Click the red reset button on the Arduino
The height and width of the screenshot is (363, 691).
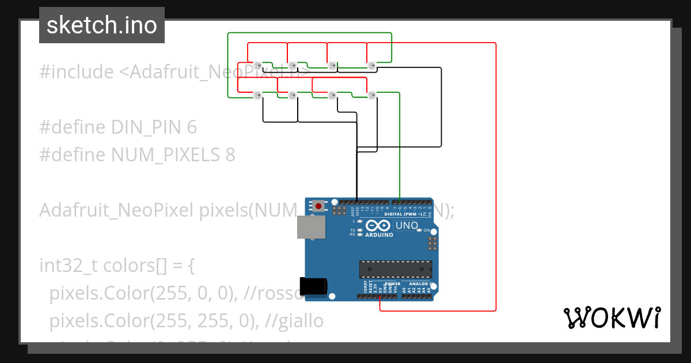pyautogui.click(x=318, y=206)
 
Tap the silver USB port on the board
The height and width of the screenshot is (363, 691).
pyautogui.click(x=311, y=227)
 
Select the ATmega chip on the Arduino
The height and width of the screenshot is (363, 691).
pyautogui.click(x=395, y=269)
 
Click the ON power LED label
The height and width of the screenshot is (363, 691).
pyautogui.click(x=426, y=230)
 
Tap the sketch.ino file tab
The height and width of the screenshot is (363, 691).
pyautogui.click(x=102, y=25)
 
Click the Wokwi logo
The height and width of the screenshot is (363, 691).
pyautogui.click(x=612, y=317)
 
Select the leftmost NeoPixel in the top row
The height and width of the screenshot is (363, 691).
pyautogui.click(x=257, y=65)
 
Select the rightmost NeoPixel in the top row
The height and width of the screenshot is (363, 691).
pyautogui.click(x=371, y=65)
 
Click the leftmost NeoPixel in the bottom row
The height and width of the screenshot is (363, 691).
pyautogui.click(x=257, y=94)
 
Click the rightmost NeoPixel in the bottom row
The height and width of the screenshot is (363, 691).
pyautogui.click(x=371, y=94)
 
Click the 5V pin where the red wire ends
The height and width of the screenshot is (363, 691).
pyautogui.click(x=380, y=297)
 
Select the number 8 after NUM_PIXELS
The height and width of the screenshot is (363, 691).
pyautogui.click(x=230, y=155)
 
